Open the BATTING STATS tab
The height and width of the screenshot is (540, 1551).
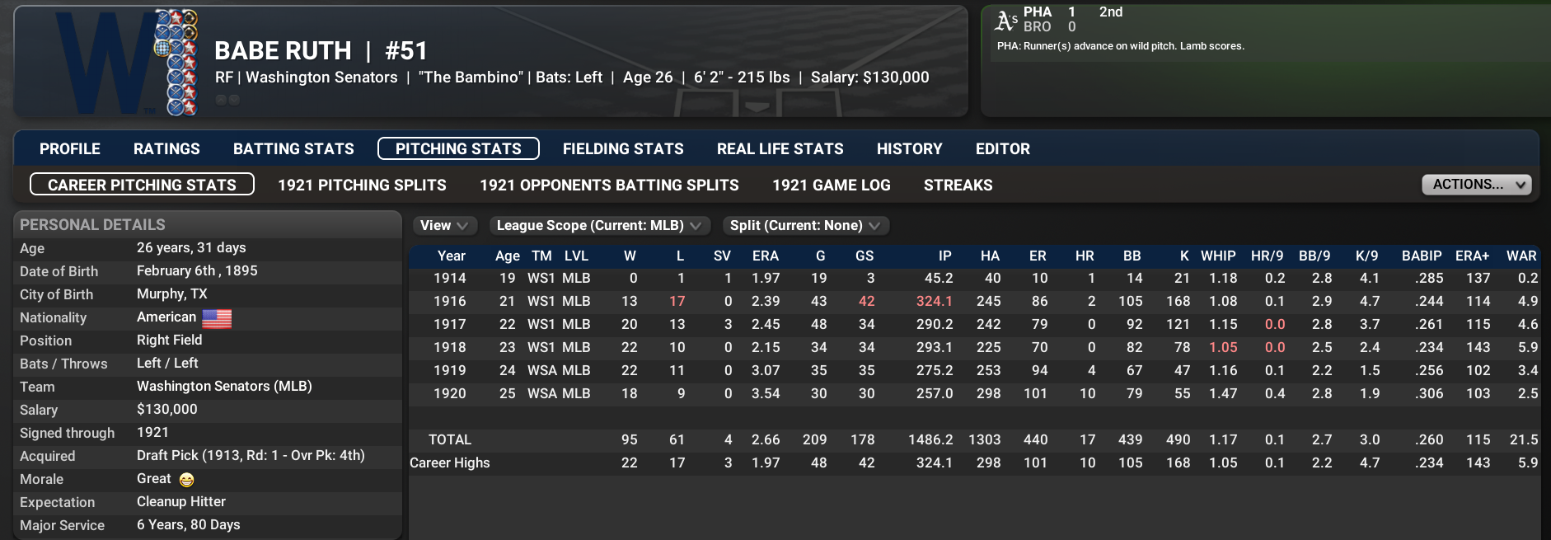(x=293, y=149)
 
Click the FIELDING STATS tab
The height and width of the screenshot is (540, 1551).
(x=623, y=149)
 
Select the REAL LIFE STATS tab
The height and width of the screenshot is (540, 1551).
(x=780, y=149)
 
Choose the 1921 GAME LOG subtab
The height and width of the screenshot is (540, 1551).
(x=831, y=185)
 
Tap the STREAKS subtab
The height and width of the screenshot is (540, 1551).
(x=958, y=185)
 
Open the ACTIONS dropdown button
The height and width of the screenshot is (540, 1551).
(x=1476, y=185)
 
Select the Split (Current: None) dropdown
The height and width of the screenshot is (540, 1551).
(x=804, y=226)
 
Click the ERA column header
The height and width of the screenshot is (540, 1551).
(x=765, y=256)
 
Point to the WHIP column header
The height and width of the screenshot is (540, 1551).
(x=1217, y=256)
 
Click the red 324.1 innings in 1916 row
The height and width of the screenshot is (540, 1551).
(x=934, y=302)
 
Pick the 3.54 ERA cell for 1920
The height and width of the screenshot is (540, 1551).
(x=765, y=394)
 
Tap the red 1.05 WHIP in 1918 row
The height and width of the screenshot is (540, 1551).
(x=1223, y=348)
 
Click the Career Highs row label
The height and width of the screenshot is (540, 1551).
(x=450, y=463)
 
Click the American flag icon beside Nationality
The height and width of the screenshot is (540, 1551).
(x=217, y=318)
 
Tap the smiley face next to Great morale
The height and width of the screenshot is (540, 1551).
(x=186, y=480)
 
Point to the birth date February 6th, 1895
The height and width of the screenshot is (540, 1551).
(x=197, y=271)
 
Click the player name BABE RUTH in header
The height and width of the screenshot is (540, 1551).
(x=283, y=51)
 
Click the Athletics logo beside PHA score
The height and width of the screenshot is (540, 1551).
(x=1005, y=20)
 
